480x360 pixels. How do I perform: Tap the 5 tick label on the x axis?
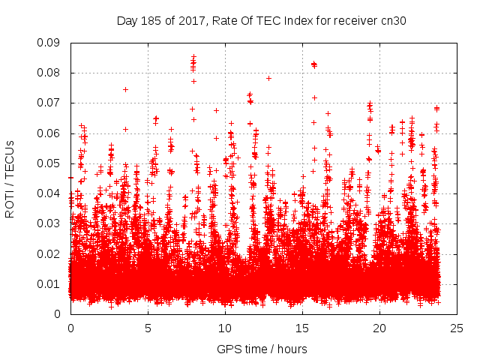click(x=148, y=328)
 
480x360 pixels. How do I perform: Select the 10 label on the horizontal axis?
click(x=225, y=328)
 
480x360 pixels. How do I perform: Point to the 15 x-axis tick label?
click(x=302, y=328)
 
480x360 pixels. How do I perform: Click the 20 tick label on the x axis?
click(x=379, y=328)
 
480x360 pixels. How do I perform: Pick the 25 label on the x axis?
click(x=457, y=328)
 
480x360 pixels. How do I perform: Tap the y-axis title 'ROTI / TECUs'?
click(x=10, y=178)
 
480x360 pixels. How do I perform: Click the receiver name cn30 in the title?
click(x=393, y=21)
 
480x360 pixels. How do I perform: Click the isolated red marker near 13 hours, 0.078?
click(x=268, y=78)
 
